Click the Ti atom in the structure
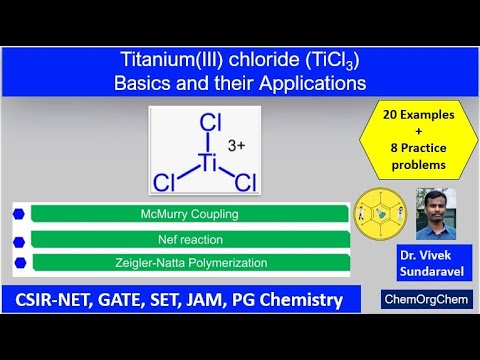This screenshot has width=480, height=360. pos(209,161)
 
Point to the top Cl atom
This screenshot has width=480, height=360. pos(210,124)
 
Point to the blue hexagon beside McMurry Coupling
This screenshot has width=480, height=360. pos(20,213)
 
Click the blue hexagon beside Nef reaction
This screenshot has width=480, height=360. pos(20,239)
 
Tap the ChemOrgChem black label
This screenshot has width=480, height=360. pos(427,298)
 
